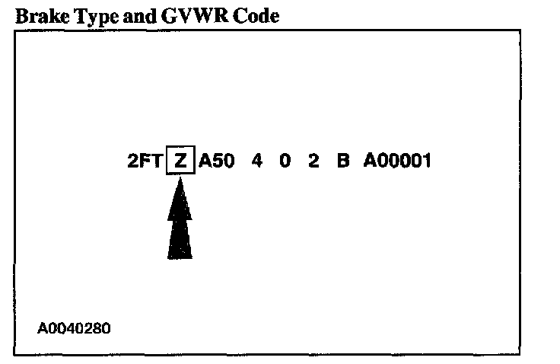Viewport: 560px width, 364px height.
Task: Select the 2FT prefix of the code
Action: tap(145, 161)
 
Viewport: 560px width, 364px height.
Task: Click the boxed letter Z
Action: tap(180, 161)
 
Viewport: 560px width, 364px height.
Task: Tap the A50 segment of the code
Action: tap(217, 161)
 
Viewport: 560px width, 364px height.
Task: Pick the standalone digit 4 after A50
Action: tap(256, 161)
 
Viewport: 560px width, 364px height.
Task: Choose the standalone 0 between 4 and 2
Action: tap(285, 161)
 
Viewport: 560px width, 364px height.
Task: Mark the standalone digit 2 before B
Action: tap(313, 161)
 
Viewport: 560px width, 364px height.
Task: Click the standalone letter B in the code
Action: tap(342, 161)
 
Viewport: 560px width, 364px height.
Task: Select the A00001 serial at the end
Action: tap(397, 161)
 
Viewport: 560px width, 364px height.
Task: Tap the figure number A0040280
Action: tap(74, 330)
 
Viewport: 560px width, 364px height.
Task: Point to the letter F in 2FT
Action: tap(145, 161)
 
